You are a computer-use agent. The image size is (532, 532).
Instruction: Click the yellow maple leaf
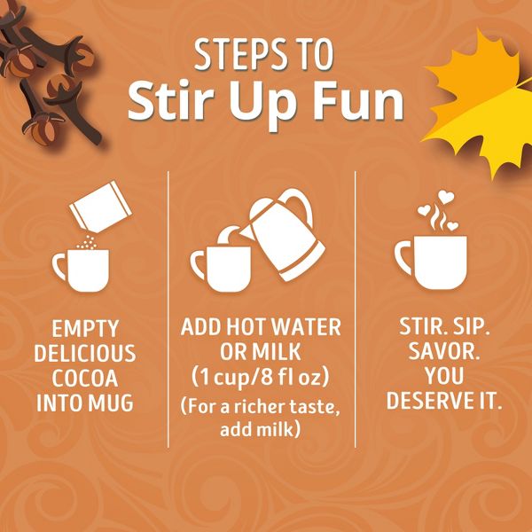click(481, 102)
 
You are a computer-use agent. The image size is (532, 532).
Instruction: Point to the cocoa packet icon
click(100, 207)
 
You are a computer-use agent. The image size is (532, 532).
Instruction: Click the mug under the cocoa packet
click(82, 270)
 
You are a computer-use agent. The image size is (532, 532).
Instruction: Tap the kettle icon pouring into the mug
click(282, 234)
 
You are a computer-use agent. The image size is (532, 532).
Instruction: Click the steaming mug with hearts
click(431, 262)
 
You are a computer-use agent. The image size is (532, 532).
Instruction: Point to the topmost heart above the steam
click(446, 197)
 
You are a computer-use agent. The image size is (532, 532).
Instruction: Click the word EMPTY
click(85, 328)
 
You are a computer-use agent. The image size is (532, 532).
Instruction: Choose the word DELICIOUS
click(85, 353)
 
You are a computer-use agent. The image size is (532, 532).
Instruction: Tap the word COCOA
click(85, 379)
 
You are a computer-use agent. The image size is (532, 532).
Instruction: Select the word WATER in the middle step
click(307, 326)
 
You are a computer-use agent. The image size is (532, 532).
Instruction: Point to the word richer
click(262, 407)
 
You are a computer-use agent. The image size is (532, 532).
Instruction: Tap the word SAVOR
click(443, 351)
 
